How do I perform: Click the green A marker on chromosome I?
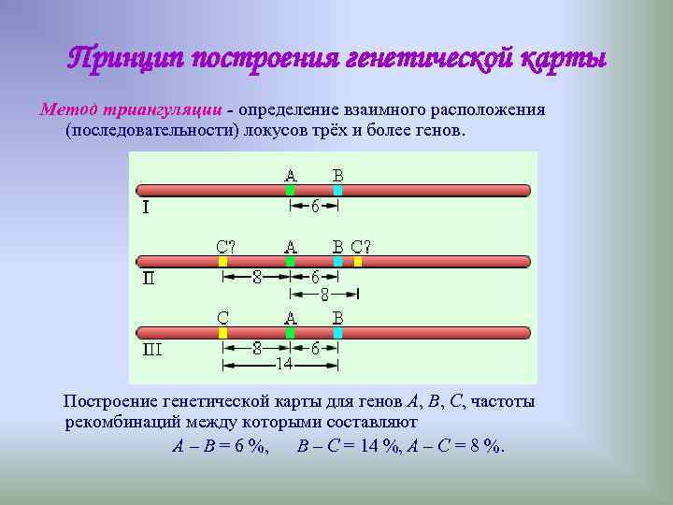coord(290,191)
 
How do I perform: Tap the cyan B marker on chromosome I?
coord(337,191)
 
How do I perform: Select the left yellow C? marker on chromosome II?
coord(223,262)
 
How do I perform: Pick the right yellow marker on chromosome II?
coord(358,262)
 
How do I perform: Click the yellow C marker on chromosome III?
coord(222,332)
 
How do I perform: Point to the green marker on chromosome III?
coord(290,332)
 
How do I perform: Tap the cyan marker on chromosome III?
coord(337,332)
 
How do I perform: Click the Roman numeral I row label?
coord(144,209)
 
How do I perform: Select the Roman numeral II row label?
coord(149,278)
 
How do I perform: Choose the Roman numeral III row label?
coord(152,349)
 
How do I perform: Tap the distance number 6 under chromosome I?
coord(315,207)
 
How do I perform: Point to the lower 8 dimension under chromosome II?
coord(323,294)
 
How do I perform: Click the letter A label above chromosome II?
coord(291,247)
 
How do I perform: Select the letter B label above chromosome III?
coord(337,317)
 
